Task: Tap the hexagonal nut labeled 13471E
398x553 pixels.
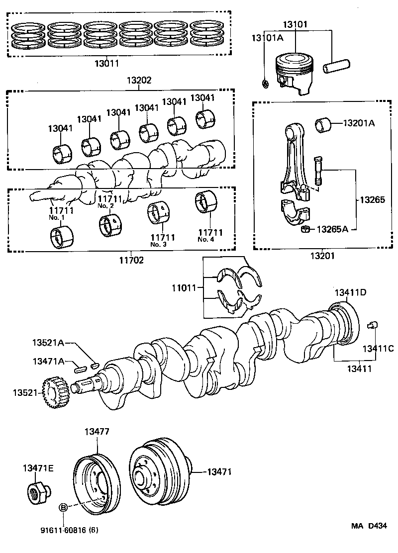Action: (x=37, y=492)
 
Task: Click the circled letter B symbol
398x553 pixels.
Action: (x=64, y=507)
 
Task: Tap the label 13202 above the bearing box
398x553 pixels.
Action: (x=138, y=80)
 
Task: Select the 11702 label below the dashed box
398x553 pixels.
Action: (x=131, y=260)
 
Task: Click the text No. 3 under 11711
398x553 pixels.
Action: (x=158, y=244)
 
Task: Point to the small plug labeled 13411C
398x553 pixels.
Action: (x=372, y=326)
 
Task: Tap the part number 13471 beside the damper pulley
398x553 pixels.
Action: (x=219, y=471)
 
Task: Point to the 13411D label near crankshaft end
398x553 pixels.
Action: (x=350, y=292)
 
